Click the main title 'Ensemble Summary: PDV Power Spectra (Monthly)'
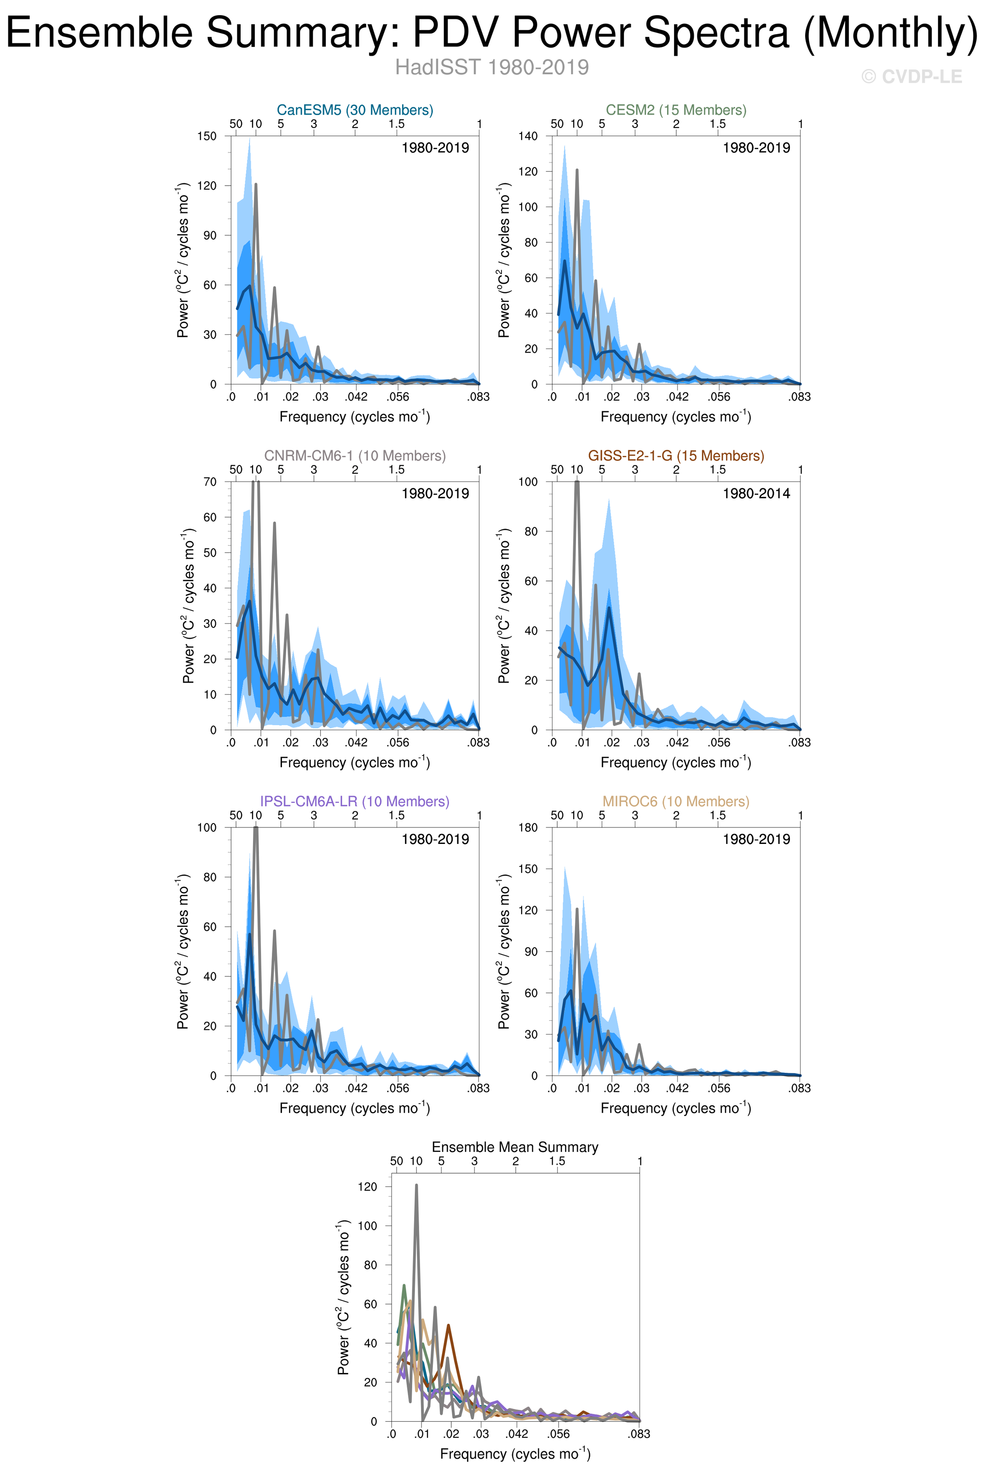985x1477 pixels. [492, 33]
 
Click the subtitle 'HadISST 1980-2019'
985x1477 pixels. [492, 67]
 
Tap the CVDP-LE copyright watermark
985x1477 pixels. [911, 77]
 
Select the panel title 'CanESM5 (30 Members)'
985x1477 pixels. [355, 110]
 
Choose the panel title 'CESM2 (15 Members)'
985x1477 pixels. [676, 110]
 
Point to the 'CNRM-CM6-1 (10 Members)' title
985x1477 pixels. [355, 456]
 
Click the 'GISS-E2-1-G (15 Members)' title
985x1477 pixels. [676, 456]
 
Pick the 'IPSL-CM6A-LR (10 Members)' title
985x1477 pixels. [355, 802]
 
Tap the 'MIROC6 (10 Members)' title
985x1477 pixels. [676, 802]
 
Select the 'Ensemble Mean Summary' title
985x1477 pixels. [515, 1147]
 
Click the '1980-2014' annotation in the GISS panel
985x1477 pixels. [756, 494]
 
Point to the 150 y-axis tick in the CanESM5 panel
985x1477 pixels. [207, 136]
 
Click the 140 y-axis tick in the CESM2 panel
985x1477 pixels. [528, 136]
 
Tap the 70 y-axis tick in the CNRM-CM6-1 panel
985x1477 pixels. [210, 482]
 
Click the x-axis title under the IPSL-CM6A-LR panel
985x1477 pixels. [355, 1108]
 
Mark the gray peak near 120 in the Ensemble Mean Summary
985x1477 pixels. [416, 1186]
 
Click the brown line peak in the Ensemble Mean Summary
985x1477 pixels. [449, 1326]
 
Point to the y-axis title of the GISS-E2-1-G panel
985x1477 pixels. [504, 606]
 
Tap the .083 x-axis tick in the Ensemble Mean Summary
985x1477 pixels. [639, 1434]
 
